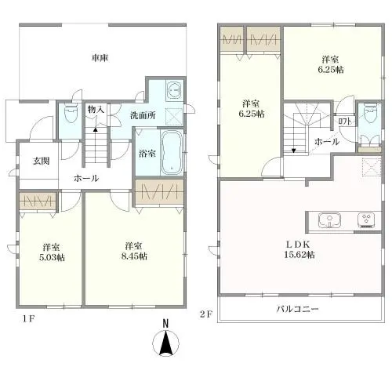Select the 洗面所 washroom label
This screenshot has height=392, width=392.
(x=142, y=116)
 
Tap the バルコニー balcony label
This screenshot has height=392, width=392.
(x=298, y=309)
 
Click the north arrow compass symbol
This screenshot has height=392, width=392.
(x=165, y=344)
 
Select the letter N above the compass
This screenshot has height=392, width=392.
(x=165, y=323)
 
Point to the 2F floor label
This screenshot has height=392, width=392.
(x=205, y=314)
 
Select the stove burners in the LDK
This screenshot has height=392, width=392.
(x=366, y=219)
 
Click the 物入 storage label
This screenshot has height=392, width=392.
(x=96, y=110)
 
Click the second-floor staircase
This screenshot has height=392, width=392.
(x=303, y=125)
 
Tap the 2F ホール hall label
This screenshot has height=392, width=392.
(x=326, y=142)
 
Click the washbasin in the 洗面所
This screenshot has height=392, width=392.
(x=174, y=91)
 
